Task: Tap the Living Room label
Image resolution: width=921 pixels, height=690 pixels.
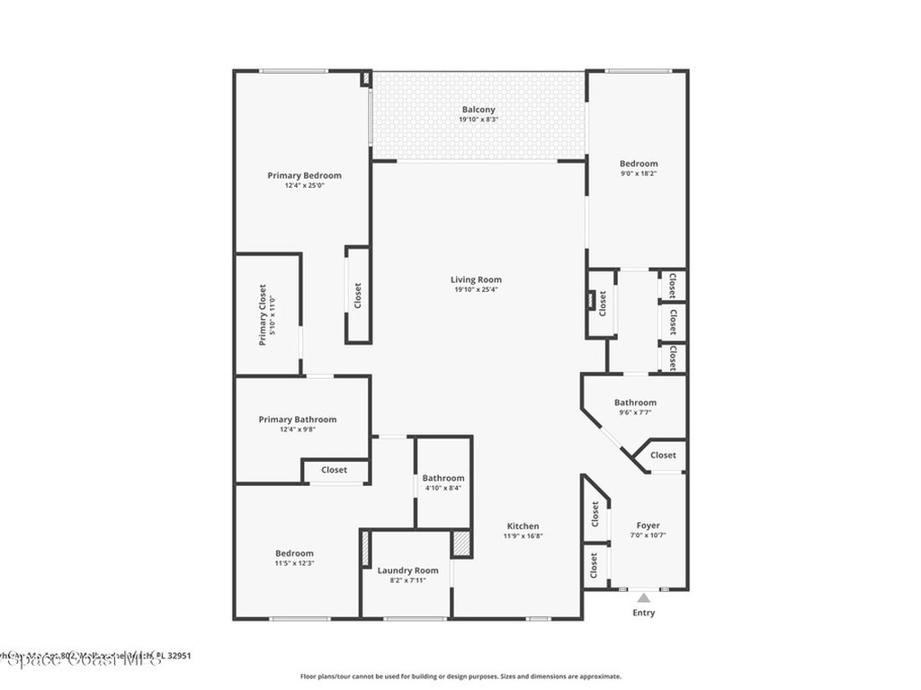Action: [476, 279]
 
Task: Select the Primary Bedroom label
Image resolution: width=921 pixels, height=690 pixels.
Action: [304, 175]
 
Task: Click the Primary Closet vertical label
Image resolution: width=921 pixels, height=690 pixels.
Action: [263, 315]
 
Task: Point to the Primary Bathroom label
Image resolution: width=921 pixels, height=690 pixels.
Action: [297, 419]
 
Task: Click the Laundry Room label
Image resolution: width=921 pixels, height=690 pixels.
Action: [407, 570]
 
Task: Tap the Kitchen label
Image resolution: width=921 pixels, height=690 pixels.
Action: [523, 526]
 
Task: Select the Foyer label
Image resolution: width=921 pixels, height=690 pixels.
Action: [648, 525]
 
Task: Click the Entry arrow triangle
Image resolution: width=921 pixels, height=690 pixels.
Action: [643, 597]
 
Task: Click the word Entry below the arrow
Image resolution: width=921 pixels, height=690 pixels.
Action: [643, 613]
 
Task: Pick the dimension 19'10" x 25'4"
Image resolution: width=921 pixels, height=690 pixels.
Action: [476, 289]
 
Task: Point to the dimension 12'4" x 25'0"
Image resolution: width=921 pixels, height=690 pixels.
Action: [304, 185]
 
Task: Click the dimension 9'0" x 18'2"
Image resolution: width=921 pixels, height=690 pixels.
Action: [639, 172]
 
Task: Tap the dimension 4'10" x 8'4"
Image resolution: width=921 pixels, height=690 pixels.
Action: [443, 488]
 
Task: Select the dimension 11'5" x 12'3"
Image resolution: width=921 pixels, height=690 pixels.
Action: [294, 562]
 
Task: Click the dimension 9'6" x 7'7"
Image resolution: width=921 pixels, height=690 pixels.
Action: [635, 412]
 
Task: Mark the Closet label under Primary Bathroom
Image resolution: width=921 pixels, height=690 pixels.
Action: [334, 470]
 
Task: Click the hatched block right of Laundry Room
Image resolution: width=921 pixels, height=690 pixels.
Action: [460, 544]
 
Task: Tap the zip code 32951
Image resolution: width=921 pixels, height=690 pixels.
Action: [176, 655]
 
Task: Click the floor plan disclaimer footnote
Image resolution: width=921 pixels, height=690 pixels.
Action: [460, 677]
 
